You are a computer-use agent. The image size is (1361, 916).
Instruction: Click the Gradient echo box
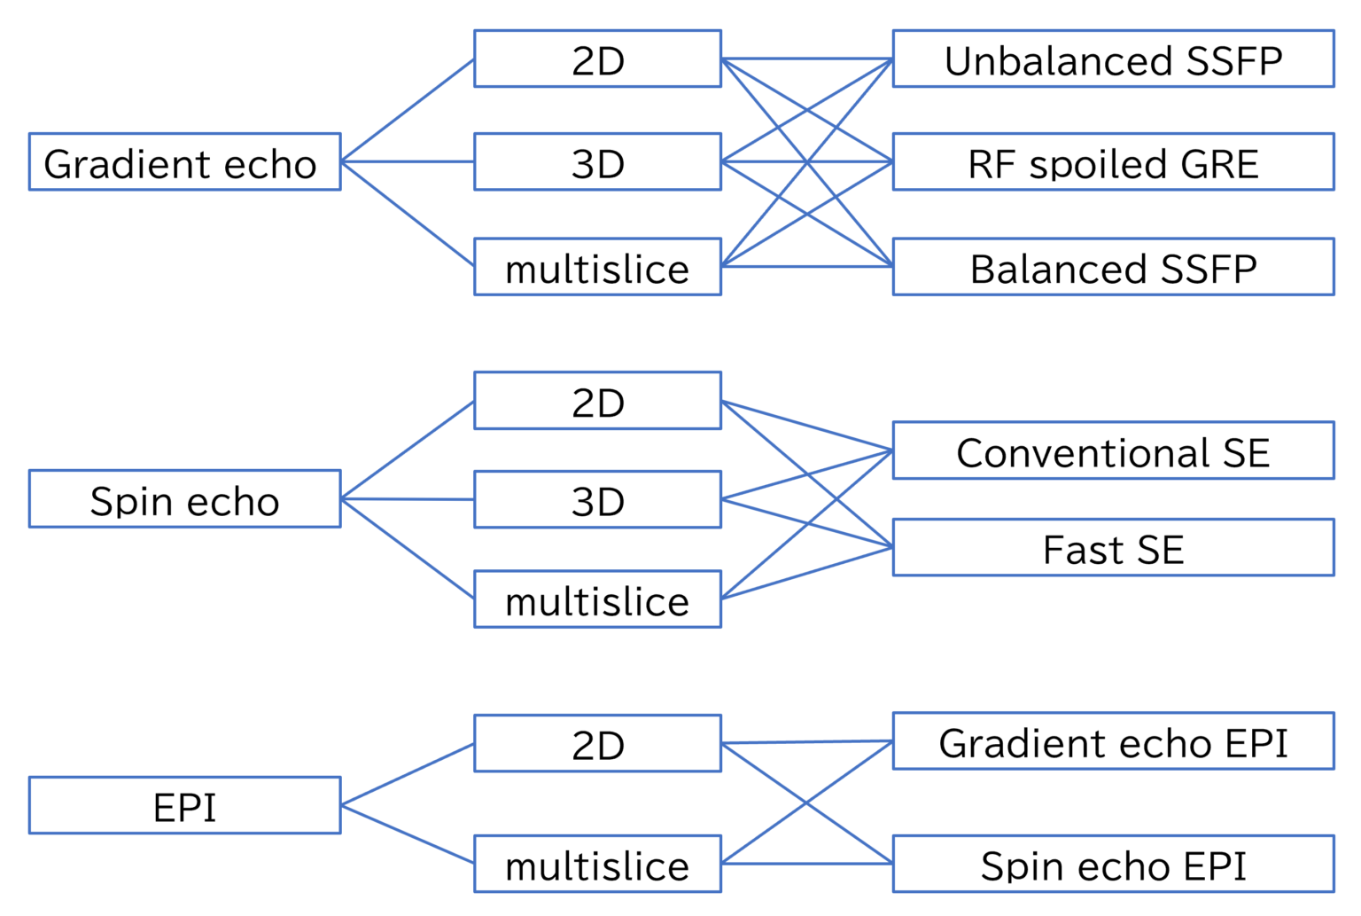pyautogui.click(x=184, y=162)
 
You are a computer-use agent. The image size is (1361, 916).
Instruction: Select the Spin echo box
pyautogui.click(x=184, y=499)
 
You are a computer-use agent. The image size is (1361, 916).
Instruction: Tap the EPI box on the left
pyautogui.click(x=184, y=805)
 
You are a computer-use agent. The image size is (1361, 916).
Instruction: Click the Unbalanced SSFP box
pyautogui.click(x=1113, y=59)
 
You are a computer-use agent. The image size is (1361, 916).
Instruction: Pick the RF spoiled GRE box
pyautogui.click(x=1113, y=162)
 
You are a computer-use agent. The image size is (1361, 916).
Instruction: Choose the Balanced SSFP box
pyautogui.click(x=1113, y=267)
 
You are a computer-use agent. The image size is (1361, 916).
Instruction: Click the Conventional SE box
pyautogui.click(x=1113, y=450)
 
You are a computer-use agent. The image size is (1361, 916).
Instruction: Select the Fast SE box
pyautogui.click(x=1113, y=548)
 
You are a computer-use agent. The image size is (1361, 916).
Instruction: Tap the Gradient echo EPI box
pyautogui.click(x=1113, y=741)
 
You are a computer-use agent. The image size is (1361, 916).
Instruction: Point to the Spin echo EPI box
pyautogui.click(x=1113, y=864)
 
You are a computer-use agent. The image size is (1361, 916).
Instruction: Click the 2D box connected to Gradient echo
pyautogui.click(x=597, y=59)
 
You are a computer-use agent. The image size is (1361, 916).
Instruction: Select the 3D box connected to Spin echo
pyautogui.click(x=597, y=500)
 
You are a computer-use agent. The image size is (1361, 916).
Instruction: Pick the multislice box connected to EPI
pyautogui.click(x=597, y=864)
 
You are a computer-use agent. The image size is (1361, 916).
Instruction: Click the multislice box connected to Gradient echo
pyautogui.click(x=597, y=267)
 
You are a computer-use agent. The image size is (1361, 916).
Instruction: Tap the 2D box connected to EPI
pyautogui.click(x=597, y=743)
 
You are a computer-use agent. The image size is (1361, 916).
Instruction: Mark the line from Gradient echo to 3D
pyautogui.click(x=408, y=162)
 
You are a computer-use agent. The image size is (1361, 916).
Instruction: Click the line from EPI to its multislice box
pyautogui.click(x=408, y=834)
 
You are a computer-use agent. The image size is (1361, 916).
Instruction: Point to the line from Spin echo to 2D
pyautogui.click(x=408, y=450)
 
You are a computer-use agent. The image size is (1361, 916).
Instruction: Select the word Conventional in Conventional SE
pyautogui.click(x=1083, y=452)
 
